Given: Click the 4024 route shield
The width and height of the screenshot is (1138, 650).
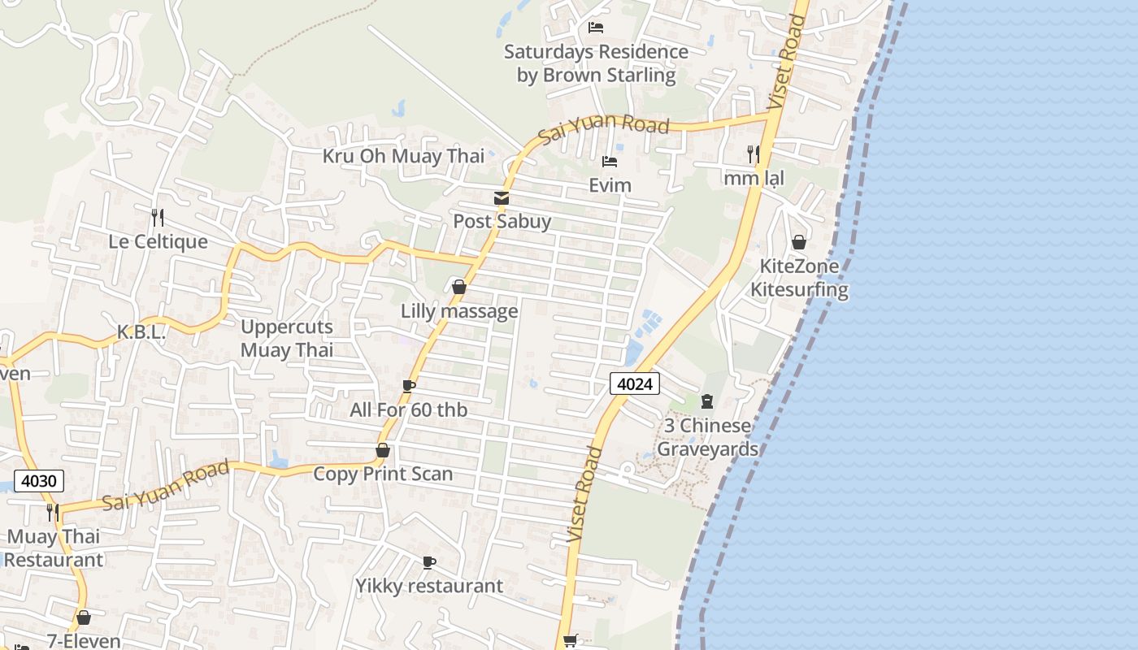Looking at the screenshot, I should (635, 383).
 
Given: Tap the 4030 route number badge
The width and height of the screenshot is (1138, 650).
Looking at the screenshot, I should (38, 480).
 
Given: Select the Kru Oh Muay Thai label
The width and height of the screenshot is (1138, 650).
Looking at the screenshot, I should (403, 156).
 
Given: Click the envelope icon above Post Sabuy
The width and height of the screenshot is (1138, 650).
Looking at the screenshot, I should (502, 198).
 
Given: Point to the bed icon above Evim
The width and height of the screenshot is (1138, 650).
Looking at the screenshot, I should (609, 162).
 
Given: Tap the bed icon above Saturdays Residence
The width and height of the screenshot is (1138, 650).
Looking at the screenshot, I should (596, 28).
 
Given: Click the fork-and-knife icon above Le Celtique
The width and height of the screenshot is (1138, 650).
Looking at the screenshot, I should (158, 218).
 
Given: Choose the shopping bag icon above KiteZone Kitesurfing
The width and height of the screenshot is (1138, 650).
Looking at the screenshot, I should (799, 242).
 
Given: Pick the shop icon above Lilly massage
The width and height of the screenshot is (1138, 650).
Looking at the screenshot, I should (459, 287).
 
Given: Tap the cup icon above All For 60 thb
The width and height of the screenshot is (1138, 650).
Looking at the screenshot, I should (409, 386).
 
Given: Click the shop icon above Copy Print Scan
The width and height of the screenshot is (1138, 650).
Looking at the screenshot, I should (383, 450).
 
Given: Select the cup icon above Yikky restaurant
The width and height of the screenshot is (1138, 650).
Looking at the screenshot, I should (429, 562).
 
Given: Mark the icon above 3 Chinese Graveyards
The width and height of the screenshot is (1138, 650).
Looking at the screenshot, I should (707, 401).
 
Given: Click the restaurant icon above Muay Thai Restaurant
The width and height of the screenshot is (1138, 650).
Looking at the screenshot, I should (53, 512).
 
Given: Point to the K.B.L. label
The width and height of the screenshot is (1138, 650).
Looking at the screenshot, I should (141, 332).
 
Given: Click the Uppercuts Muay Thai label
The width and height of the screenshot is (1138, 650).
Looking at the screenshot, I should (287, 339).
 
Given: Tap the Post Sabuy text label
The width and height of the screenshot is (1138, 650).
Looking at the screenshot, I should (502, 221).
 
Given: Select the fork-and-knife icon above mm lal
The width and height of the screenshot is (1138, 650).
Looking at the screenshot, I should (754, 154).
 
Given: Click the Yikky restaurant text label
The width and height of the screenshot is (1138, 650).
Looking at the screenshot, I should (429, 586).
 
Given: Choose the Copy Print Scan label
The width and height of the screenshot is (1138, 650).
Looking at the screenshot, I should (383, 474).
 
